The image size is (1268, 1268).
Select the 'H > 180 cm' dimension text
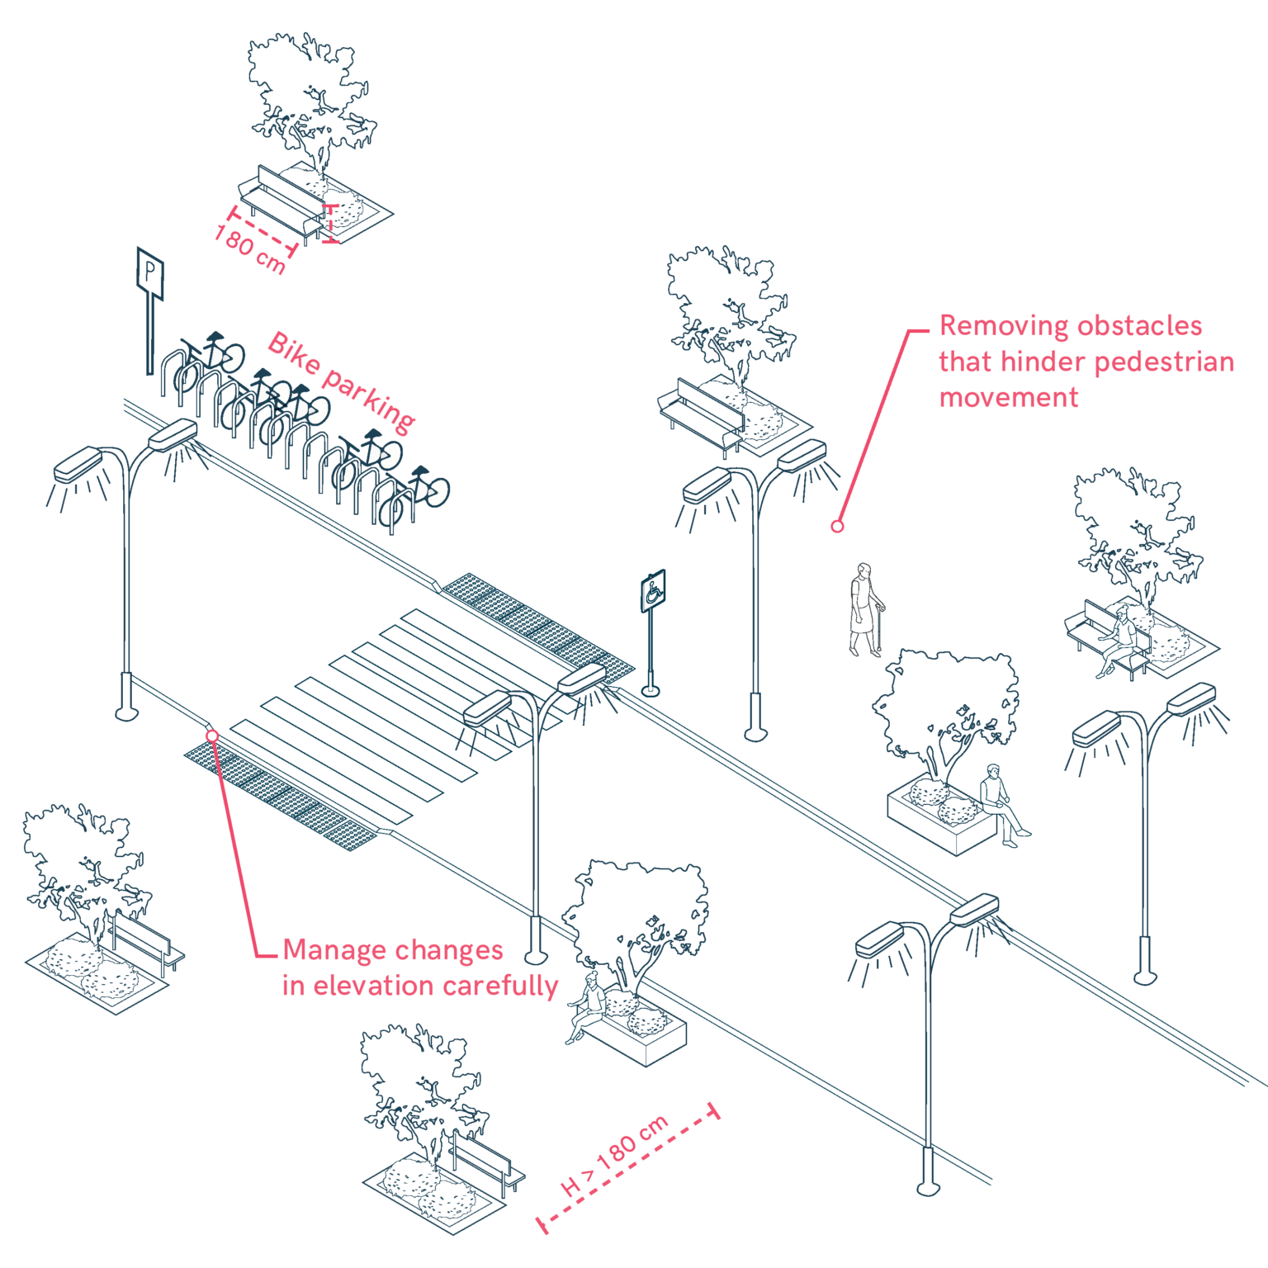tap(615, 1155)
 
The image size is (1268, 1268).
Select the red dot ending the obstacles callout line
tap(837, 526)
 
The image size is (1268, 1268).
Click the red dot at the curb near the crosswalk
tap(212, 735)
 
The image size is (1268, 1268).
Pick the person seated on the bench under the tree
tap(1121, 640)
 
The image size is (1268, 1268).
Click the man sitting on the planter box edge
tap(1000, 802)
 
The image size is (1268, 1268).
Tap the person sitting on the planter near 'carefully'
tap(587, 1006)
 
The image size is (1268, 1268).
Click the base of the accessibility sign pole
tap(651, 690)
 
